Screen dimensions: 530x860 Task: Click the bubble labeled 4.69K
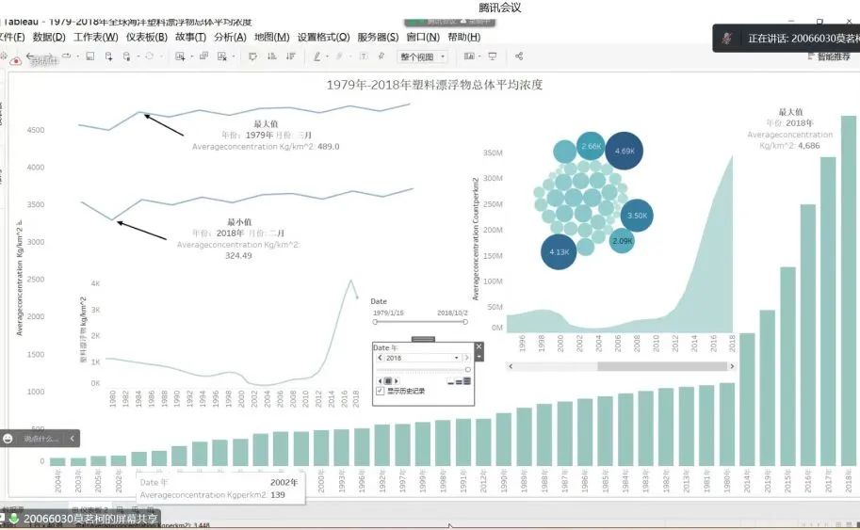(625, 151)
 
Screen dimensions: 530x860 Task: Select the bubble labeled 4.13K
(560, 252)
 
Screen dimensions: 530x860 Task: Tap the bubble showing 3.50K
(638, 216)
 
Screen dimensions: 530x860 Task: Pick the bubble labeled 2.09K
(623, 241)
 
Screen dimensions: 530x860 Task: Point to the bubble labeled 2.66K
(591, 146)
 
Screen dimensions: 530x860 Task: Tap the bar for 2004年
(58, 461)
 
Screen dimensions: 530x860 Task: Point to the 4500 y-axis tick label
(34, 130)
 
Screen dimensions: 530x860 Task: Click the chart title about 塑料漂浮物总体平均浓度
(434, 85)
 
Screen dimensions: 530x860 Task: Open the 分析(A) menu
(230, 38)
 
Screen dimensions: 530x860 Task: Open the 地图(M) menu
(271, 38)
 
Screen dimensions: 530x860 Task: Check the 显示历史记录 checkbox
(380, 390)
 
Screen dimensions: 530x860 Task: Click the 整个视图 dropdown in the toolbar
(422, 57)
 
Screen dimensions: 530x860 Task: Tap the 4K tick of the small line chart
(95, 283)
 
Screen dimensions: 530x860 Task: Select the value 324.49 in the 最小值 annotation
(239, 255)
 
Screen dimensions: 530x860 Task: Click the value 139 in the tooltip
(278, 494)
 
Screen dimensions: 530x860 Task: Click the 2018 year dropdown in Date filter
(421, 358)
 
